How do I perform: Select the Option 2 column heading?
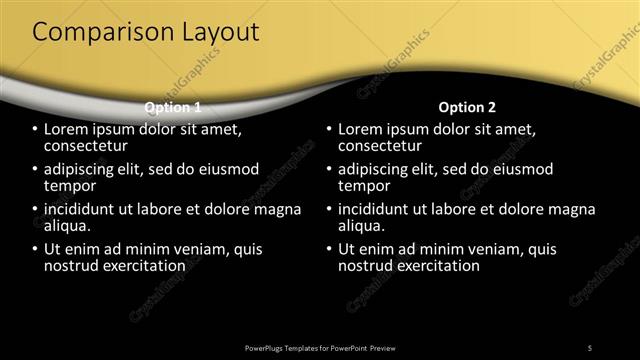(x=467, y=107)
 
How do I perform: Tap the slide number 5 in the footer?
(x=590, y=347)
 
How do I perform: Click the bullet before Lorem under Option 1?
(x=35, y=130)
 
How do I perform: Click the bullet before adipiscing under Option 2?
(x=329, y=170)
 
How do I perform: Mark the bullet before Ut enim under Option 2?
(x=329, y=250)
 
